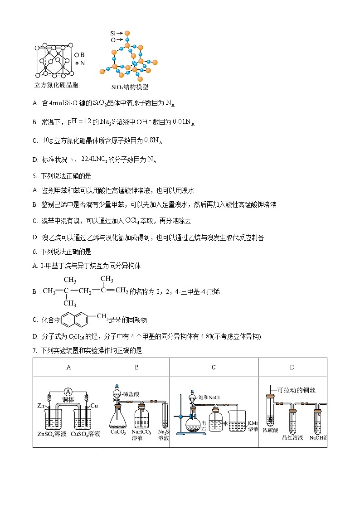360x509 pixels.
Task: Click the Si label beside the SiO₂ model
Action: coord(113,34)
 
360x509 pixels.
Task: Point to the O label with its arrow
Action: coord(113,40)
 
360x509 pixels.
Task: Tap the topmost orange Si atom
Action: coord(127,33)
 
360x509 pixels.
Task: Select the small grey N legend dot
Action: coord(77,63)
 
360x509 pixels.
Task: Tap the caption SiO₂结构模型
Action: coord(130,87)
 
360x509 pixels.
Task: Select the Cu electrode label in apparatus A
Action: coord(94,406)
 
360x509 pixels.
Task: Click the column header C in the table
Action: coord(214,368)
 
